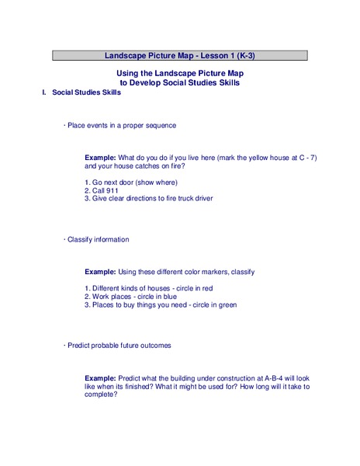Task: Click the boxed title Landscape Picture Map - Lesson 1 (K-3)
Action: pos(180,56)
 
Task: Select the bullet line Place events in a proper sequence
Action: pos(121,125)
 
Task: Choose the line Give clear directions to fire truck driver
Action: pos(148,198)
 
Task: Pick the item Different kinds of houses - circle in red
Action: pos(148,288)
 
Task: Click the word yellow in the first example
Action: pos(250,158)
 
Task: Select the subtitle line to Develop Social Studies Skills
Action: pos(180,82)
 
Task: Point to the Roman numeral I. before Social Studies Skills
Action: pos(44,92)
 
